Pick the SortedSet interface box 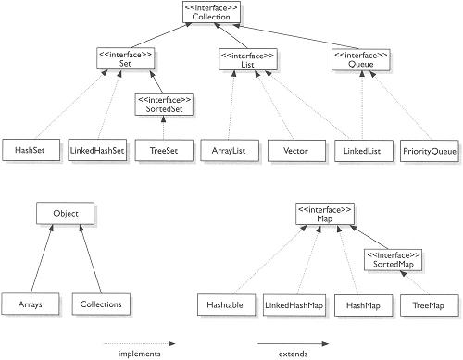coord(164,104)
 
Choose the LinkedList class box coord(360,148)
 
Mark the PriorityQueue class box coord(426,148)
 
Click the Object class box coord(60,214)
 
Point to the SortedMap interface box coord(392,259)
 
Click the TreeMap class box coord(425,304)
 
